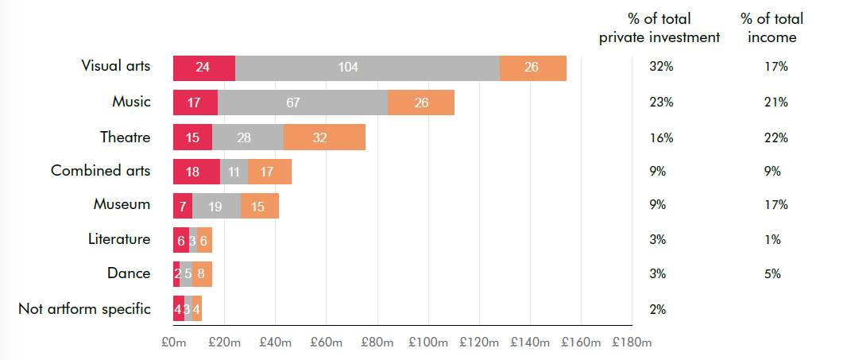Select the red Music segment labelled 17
click(x=195, y=103)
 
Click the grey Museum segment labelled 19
click(x=216, y=206)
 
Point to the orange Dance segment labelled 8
click(x=203, y=274)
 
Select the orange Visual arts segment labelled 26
click(x=532, y=68)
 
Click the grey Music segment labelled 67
click(x=301, y=103)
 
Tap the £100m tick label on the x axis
click(x=428, y=343)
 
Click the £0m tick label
click(x=173, y=343)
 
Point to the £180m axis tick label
click(x=632, y=343)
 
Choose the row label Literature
click(x=118, y=238)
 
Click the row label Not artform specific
click(x=84, y=308)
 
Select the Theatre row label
click(x=126, y=137)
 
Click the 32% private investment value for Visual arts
click(x=661, y=68)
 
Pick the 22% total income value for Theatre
click(x=775, y=137)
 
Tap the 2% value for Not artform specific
click(x=658, y=309)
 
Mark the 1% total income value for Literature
click(x=772, y=239)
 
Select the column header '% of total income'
click(x=772, y=28)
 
